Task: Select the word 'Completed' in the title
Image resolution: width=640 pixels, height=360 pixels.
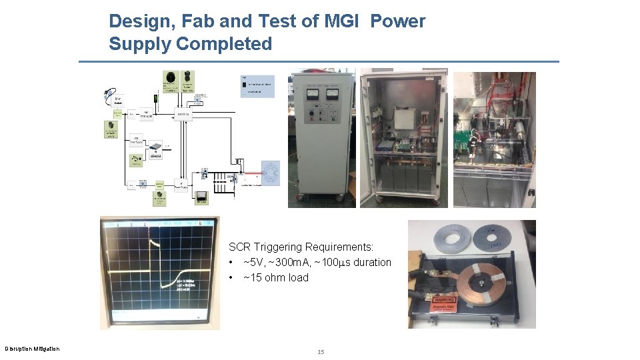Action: (224, 44)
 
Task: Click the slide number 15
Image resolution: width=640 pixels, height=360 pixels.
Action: (320, 351)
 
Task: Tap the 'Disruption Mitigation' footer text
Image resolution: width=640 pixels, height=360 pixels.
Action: (32, 349)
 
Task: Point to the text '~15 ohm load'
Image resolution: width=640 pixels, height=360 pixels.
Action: (276, 277)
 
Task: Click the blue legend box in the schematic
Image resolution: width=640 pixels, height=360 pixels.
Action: (257, 87)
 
